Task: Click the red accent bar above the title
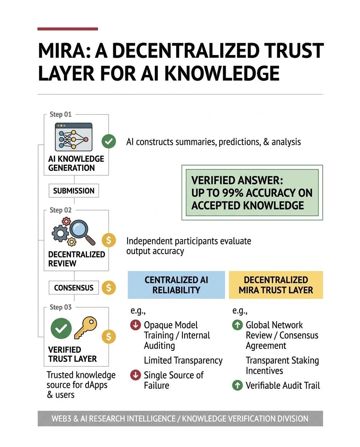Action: pyautogui.click(x=67, y=29)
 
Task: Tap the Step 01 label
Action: pyautogui.click(x=61, y=114)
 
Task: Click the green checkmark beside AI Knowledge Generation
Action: pyautogui.click(x=108, y=142)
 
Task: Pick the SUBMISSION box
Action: pyautogui.click(x=74, y=191)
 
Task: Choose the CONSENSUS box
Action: pyautogui.click(x=74, y=288)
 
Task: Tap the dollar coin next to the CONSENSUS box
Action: pyautogui.click(x=109, y=288)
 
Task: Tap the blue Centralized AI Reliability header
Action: pyautogui.click(x=177, y=285)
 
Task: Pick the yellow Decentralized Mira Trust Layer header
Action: pyautogui.click(x=276, y=285)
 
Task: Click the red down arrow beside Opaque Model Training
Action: pyautogui.click(x=135, y=325)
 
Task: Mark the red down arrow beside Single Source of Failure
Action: pyautogui.click(x=135, y=375)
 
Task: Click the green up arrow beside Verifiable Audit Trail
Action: pyautogui.click(x=237, y=385)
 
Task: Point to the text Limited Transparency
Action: pyautogui.click(x=183, y=360)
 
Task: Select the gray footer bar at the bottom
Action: pyautogui.click(x=180, y=419)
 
